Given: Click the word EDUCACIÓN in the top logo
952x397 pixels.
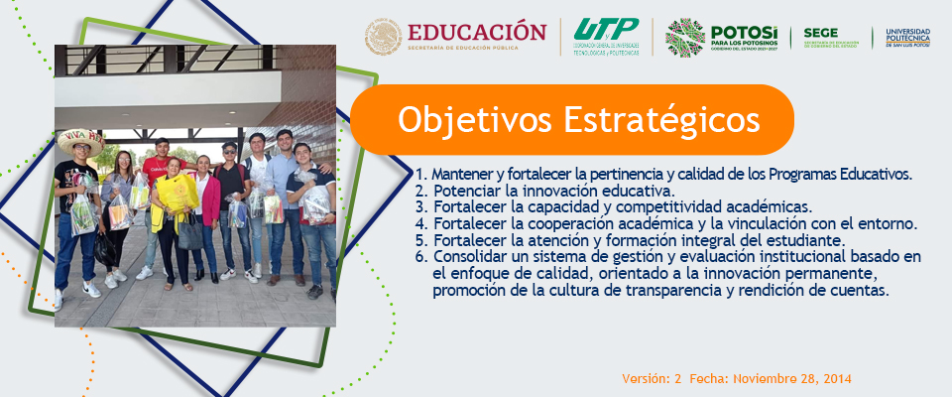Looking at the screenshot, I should click(x=477, y=31).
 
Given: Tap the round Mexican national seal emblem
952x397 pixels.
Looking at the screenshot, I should click(x=383, y=37).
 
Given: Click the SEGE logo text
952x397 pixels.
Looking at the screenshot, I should click(x=821, y=32).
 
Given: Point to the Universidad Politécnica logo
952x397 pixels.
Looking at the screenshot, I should click(x=907, y=38).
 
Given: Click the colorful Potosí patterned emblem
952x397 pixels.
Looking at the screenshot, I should click(x=684, y=38).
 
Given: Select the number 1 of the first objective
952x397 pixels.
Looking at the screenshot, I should click(x=418, y=175).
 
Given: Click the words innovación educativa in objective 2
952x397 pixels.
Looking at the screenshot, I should click(x=610, y=191).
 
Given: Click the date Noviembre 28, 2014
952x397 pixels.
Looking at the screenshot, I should click(x=792, y=379).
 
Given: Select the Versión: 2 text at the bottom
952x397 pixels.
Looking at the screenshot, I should click(x=652, y=379).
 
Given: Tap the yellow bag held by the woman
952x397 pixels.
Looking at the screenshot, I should click(x=177, y=193).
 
